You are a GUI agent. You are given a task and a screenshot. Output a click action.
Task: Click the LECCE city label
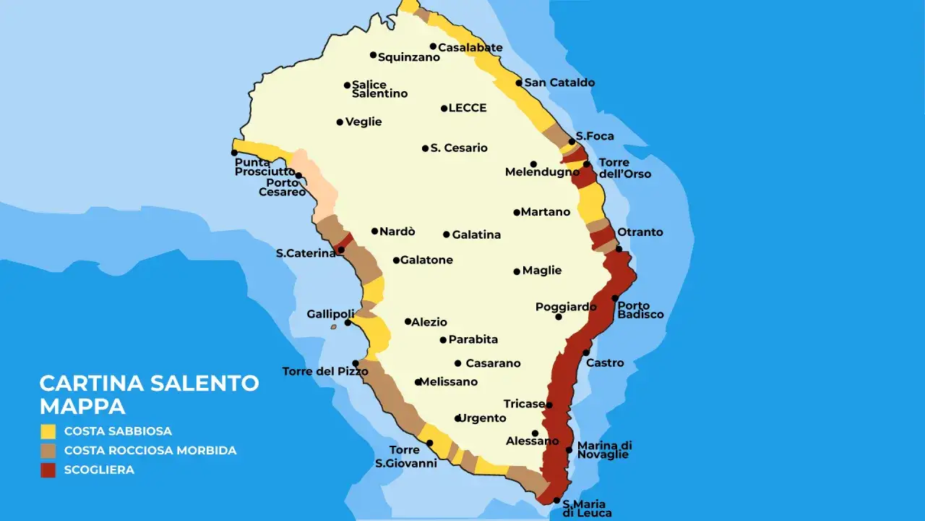point(468,109)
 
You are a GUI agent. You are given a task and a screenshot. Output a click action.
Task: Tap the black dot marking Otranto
point(619,249)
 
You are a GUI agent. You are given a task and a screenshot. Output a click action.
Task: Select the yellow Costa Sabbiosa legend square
point(48,431)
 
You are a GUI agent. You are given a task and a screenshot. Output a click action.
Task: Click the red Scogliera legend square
point(48,470)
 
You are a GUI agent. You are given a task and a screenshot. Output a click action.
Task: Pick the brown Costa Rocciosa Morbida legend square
point(48,451)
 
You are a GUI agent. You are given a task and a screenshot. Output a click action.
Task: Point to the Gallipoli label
point(326,314)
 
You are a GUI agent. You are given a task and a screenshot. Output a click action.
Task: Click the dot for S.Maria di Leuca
point(556,500)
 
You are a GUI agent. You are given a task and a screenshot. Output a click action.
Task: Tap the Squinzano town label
point(409,58)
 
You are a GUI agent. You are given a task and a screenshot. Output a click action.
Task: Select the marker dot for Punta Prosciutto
point(234,153)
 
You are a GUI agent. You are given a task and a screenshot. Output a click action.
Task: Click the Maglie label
point(542,271)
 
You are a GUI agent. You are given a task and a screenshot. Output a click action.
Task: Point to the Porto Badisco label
point(640,310)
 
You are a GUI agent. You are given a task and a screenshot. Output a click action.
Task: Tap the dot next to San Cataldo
point(519,82)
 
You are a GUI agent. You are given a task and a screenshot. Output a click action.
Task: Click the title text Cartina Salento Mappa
point(149,394)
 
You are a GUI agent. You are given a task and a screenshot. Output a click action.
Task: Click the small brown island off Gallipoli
point(334,326)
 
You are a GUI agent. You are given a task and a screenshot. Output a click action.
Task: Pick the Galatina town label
point(476,235)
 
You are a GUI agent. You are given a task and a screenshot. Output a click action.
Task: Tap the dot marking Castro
point(586,352)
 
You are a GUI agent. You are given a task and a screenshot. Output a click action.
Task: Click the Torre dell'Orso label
point(624,168)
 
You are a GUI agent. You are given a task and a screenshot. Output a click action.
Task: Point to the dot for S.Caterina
point(341,250)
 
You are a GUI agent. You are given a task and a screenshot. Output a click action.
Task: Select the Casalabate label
point(470,48)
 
